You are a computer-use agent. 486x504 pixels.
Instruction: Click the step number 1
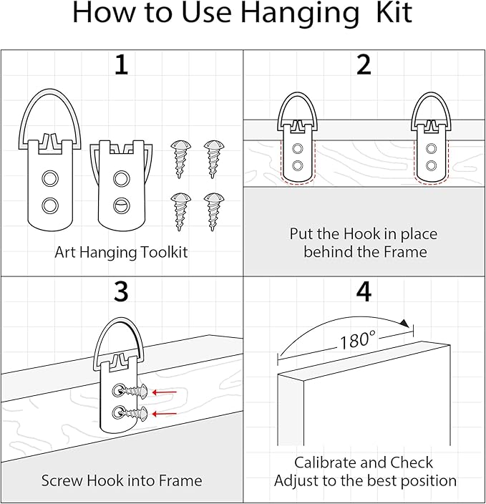[122, 66]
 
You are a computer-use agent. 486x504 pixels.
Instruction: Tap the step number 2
[364, 66]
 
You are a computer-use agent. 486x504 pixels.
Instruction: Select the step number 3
[122, 292]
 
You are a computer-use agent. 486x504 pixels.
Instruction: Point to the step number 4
[364, 292]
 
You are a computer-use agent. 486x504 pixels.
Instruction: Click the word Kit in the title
[391, 14]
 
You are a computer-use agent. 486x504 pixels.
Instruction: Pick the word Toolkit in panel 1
[160, 252]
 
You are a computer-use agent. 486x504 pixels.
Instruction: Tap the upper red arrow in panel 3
[165, 392]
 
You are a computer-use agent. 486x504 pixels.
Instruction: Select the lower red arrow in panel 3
[165, 413]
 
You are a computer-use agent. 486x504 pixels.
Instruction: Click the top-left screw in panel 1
[179, 153]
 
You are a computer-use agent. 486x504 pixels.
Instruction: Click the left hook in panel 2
[298, 140]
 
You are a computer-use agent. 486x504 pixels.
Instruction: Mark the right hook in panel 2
[431, 140]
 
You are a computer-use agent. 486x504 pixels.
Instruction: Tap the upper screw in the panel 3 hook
[135, 391]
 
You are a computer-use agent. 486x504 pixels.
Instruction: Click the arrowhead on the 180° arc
[407, 324]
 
